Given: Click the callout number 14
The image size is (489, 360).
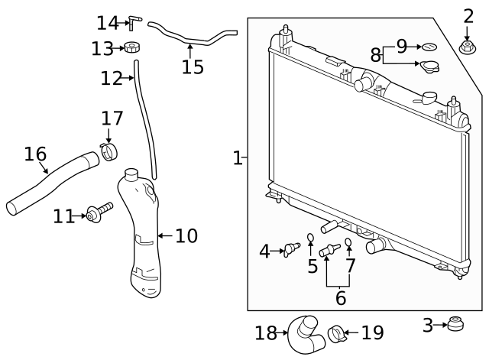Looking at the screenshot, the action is point(108,23).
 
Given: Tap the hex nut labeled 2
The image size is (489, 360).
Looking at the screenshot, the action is point(467,47).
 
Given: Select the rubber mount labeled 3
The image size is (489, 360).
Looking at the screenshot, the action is point(455,324).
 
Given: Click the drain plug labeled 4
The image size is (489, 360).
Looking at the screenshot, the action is point(292,250).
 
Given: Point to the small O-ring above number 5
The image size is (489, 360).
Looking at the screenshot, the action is point(311,238).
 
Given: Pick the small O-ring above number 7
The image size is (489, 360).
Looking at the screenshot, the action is point(348,242).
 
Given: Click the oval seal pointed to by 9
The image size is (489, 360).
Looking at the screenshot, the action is point(429,47).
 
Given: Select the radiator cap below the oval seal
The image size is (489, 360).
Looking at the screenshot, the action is point(429,66).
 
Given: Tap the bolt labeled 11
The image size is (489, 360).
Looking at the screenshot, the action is point(99,212).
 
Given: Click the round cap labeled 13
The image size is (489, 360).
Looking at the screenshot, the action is point(132,47).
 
